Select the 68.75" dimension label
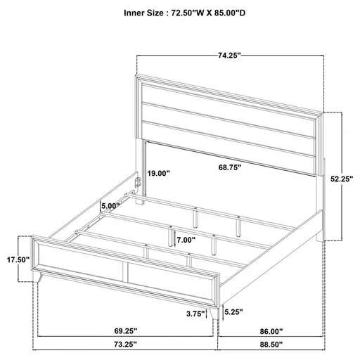coord(229,168)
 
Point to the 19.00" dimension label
coord(158,173)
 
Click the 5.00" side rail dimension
coord(110,205)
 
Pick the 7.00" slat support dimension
coord(186,239)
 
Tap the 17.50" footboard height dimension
coord(16,259)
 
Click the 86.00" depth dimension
coord(290,329)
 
